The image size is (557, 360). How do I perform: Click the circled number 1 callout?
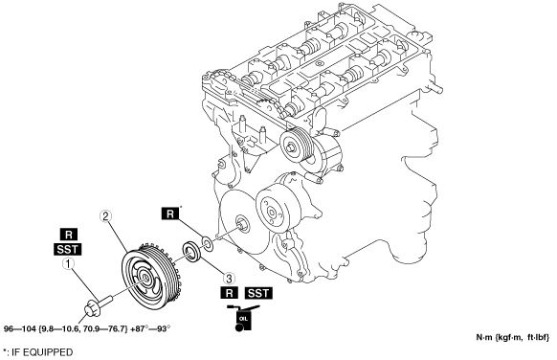(68, 264)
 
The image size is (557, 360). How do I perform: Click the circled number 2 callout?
(105, 216)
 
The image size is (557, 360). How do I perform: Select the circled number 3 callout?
(229, 278)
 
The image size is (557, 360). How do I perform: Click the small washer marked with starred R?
(207, 244)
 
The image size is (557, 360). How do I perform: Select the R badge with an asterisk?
(170, 214)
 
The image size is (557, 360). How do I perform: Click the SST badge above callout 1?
(68, 250)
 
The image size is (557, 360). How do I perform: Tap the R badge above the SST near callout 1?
(69, 235)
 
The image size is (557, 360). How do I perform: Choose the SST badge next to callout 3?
(258, 293)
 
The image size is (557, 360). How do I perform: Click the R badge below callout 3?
(229, 293)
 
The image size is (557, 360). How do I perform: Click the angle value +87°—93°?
(150, 328)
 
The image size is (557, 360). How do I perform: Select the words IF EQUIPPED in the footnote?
(42, 352)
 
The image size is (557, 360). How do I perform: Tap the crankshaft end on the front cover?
(242, 224)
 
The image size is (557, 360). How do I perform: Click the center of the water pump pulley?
(272, 213)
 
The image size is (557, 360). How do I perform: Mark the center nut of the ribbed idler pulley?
(291, 146)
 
